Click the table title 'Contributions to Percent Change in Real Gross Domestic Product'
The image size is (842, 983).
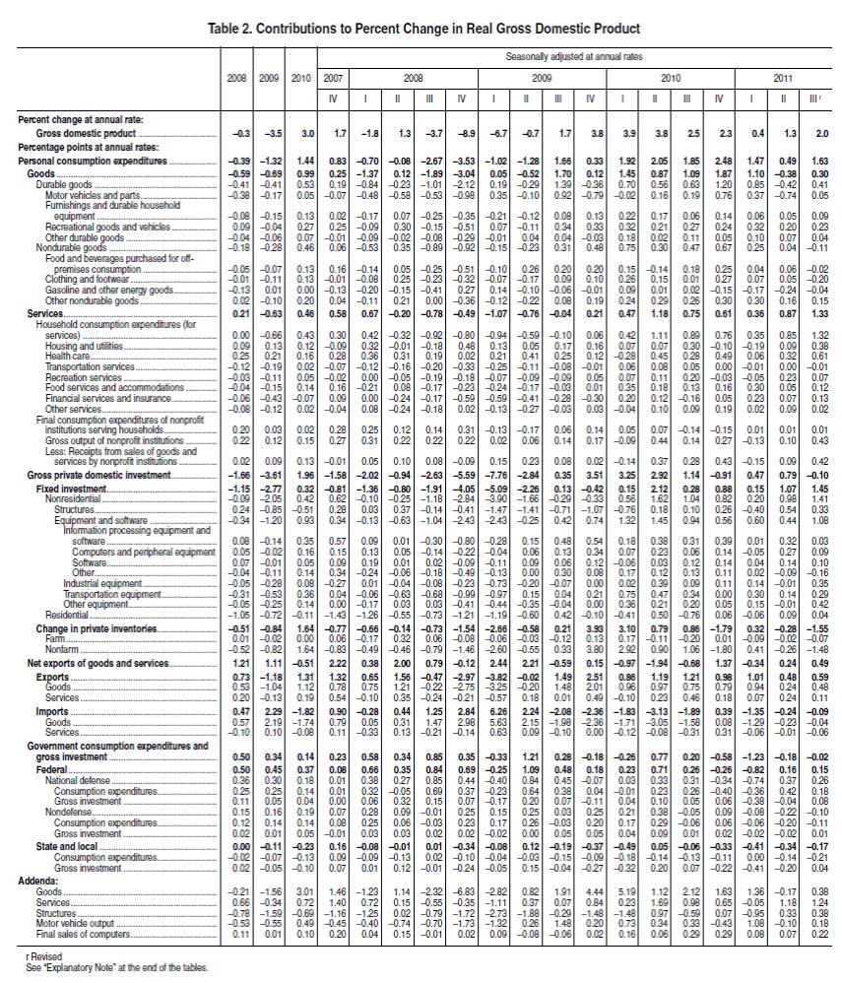click(x=440, y=30)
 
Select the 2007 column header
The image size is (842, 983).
click(x=334, y=76)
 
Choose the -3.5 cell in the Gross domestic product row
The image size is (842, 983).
click(x=268, y=131)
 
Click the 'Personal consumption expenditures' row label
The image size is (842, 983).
click(x=91, y=160)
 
